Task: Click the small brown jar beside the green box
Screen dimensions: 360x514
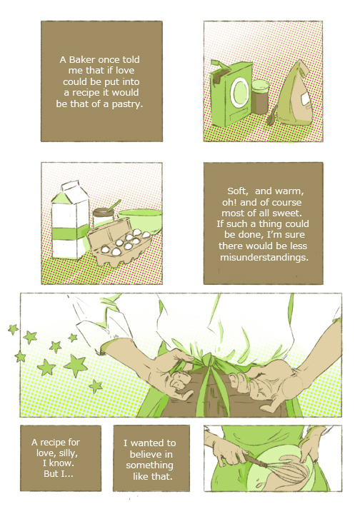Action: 261,96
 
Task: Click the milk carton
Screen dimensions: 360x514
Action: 70,221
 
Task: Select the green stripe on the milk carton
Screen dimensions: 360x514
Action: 71,233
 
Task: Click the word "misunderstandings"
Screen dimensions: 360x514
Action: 264,257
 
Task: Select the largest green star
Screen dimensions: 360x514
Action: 76,366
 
